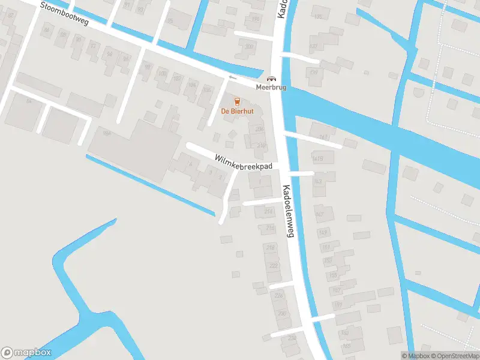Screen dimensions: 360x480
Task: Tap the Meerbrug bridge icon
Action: coord(272,79)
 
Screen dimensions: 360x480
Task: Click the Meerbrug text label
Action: coord(272,88)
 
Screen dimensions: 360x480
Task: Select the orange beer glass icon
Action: coord(237,101)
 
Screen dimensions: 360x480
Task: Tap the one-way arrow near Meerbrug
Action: coord(232,77)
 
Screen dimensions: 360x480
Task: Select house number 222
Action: coord(274,265)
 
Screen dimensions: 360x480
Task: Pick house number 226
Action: coord(278,295)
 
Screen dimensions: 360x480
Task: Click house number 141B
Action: coord(318,158)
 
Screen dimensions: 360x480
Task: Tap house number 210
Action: coord(261,145)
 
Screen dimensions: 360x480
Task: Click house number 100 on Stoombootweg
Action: coord(162,74)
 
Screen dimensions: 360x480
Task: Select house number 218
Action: coord(271,247)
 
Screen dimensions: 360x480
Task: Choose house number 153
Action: coord(329,260)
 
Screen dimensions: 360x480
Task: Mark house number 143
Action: coord(317,181)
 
